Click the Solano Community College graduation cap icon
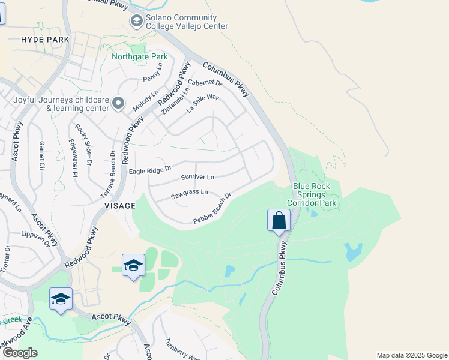click(x=136, y=22)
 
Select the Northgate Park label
click(x=139, y=57)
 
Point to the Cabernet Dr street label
click(x=205, y=83)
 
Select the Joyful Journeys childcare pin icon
click(x=118, y=104)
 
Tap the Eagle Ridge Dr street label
click(x=150, y=171)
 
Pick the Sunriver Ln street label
click(x=197, y=178)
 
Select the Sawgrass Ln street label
click(x=189, y=194)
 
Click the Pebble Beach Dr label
click(x=212, y=209)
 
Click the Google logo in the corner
click(x=20, y=353)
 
